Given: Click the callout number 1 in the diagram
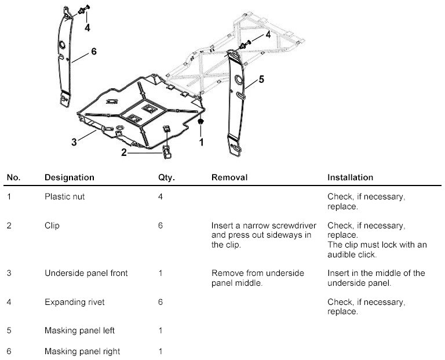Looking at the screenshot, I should click(x=202, y=140).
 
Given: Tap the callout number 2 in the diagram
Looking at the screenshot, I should click(x=123, y=153).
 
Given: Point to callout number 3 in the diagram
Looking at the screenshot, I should click(x=74, y=141).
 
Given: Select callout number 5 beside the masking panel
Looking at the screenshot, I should click(x=261, y=79).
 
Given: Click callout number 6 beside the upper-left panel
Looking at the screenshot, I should click(x=93, y=51).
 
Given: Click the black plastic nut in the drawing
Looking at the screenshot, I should click(x=201, y=122).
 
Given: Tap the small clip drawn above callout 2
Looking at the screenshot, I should click(x=167, y=152).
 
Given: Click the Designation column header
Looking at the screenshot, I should click(x=69, y=177).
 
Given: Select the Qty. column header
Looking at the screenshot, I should click(x=166, y=177).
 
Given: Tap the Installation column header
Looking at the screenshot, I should click(x=350, y=177).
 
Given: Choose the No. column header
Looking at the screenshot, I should click(x=13, y=177).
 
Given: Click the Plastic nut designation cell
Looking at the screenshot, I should click(x=64, y=197).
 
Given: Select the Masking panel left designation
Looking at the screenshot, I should click(x=79, y=330).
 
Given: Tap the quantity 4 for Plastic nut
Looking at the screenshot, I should click(x=160, y=197).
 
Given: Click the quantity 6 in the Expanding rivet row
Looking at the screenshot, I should click(x=160, y=302).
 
